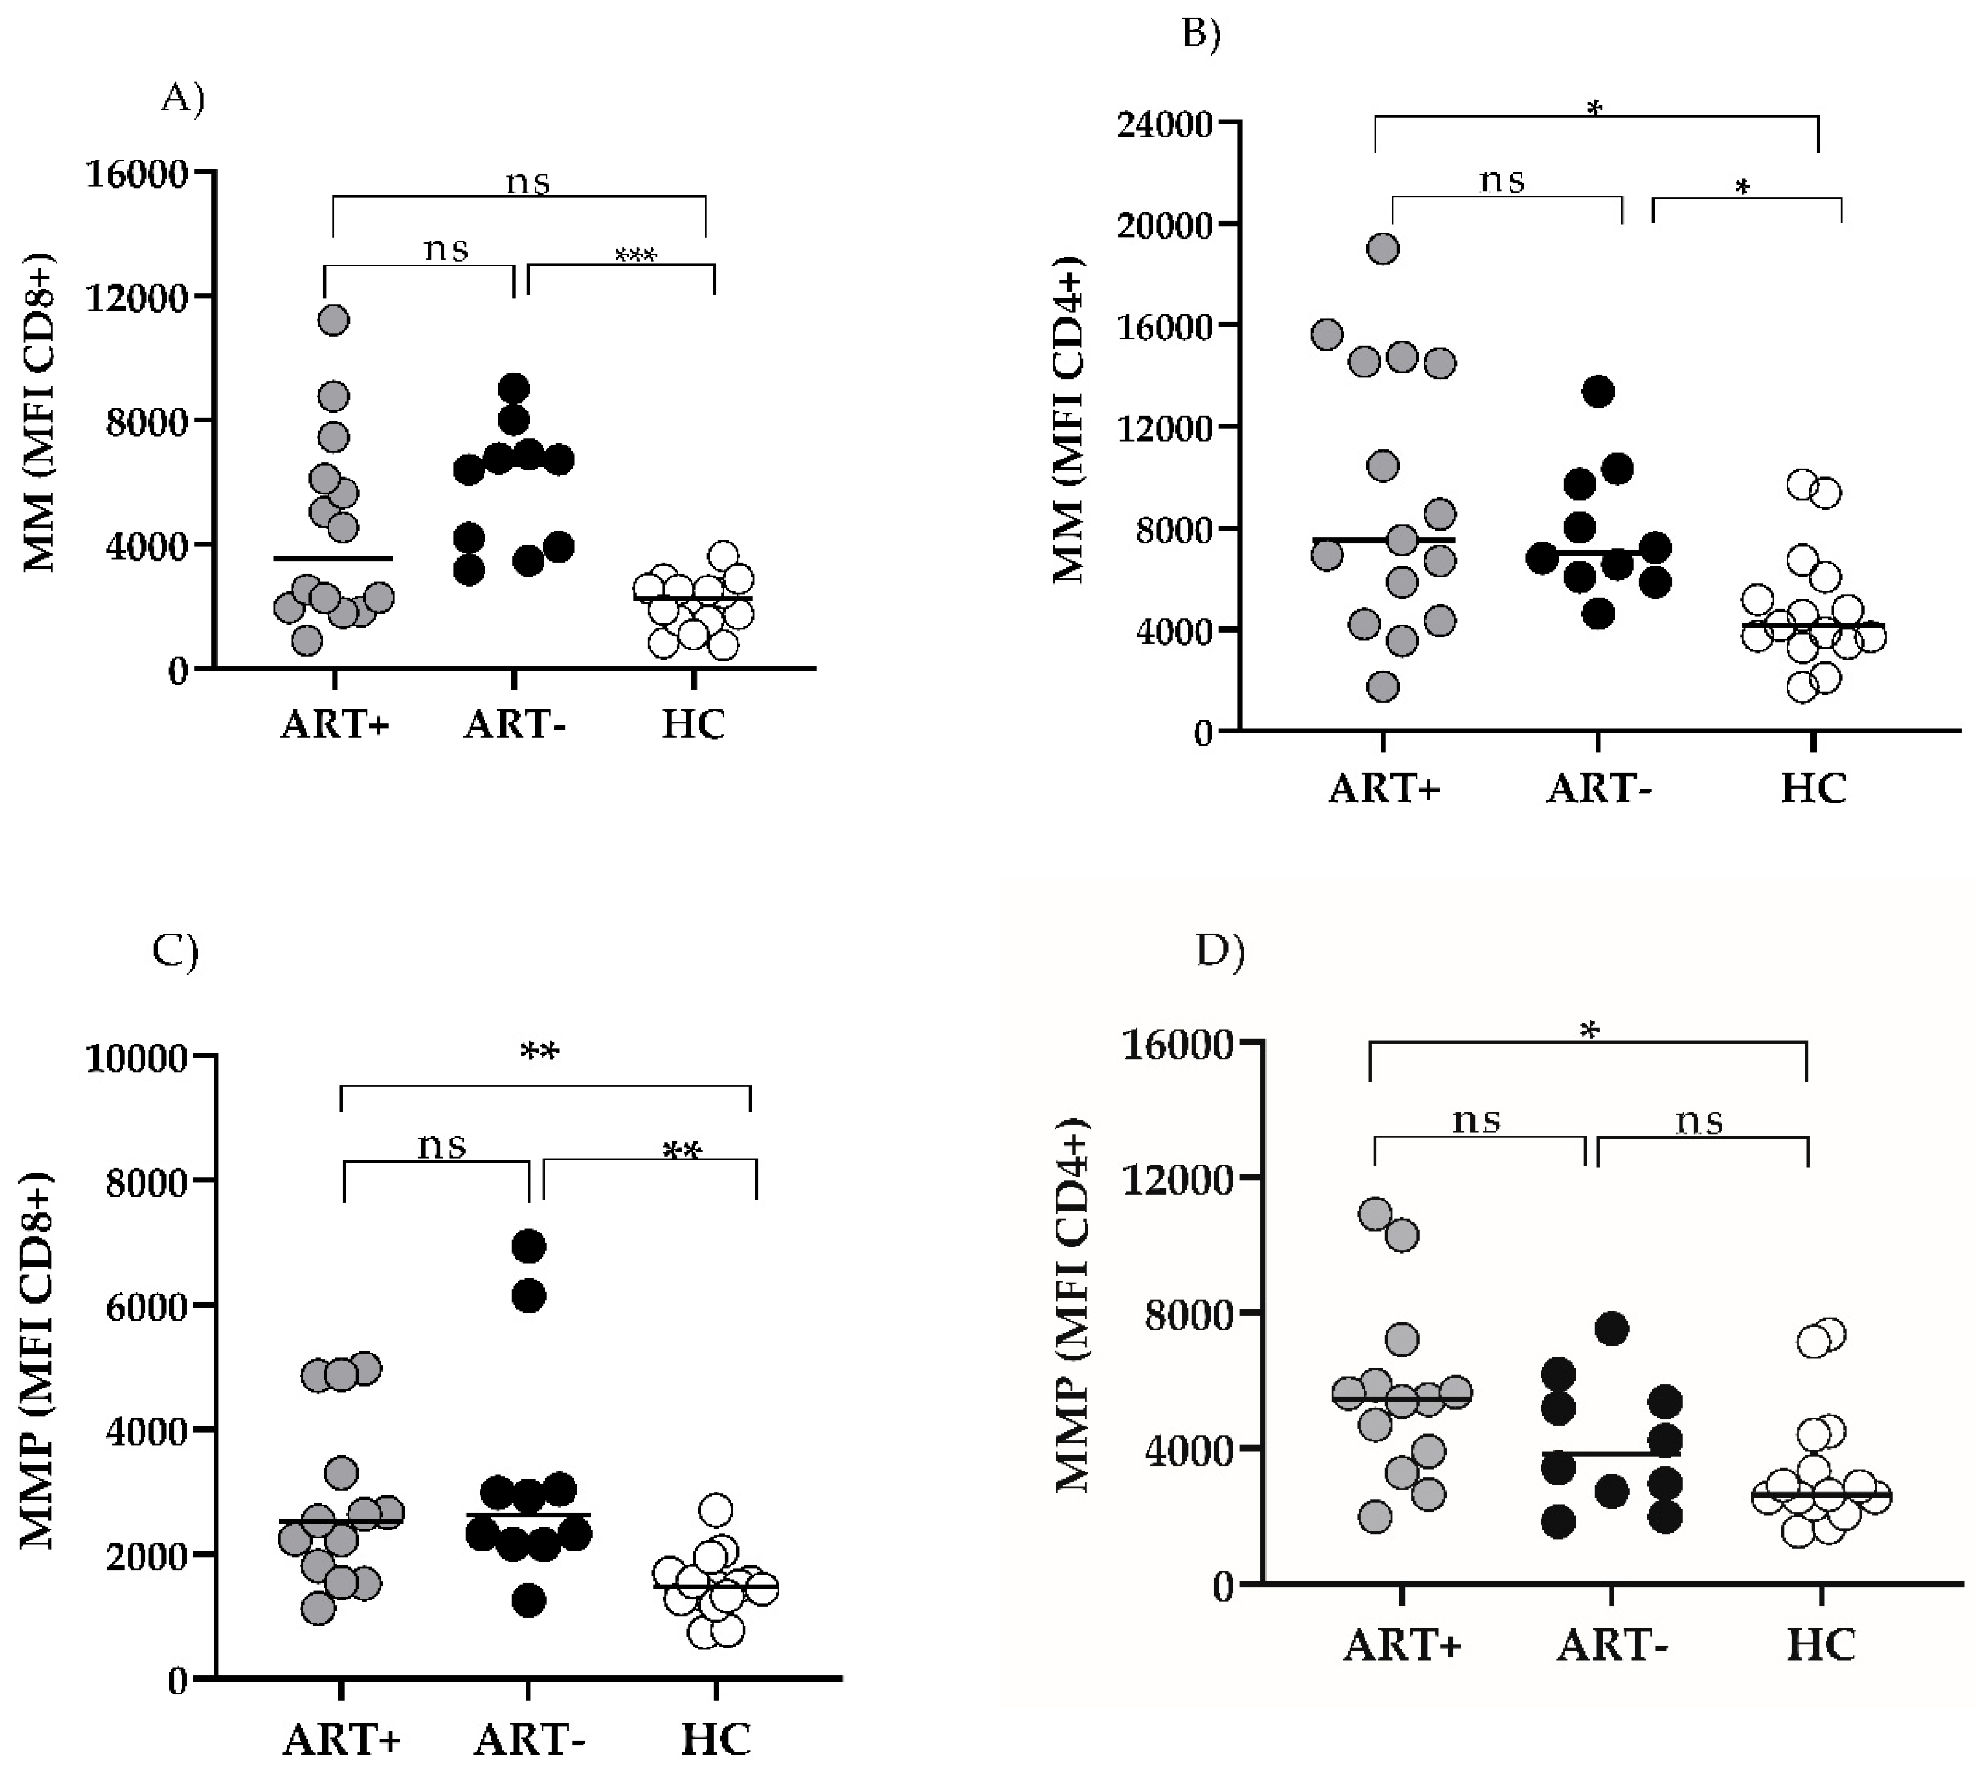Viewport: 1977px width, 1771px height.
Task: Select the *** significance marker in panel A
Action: [635, 256]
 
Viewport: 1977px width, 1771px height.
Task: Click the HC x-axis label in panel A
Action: [693, 725]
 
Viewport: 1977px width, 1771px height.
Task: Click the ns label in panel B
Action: [1502, 180]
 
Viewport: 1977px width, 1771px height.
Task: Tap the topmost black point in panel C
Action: [529, 1246]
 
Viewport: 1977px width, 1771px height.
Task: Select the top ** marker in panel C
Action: [539, 1052]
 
